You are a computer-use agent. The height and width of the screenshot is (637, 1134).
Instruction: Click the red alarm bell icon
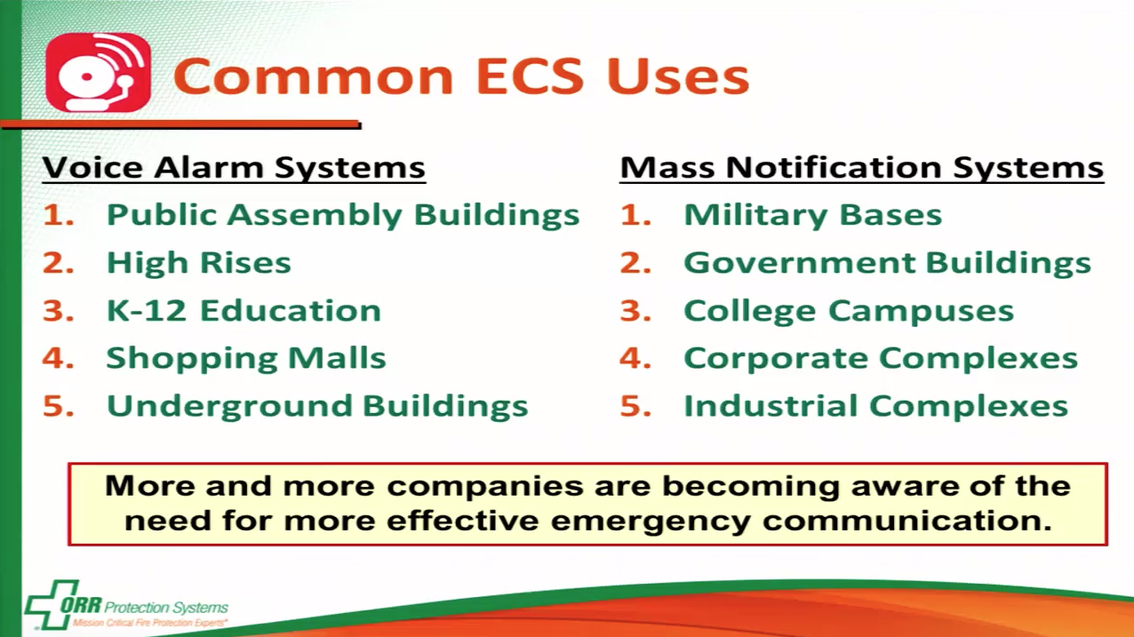(98, 73)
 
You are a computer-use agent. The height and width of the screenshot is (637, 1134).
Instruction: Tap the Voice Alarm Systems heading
(235, 168)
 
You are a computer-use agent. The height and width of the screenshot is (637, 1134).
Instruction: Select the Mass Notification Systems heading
(861, 168)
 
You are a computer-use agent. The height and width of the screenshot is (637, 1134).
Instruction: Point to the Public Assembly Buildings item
(343, 215)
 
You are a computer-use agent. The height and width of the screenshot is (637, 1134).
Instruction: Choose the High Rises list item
(199, 263)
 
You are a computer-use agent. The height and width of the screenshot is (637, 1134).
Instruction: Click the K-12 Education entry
(244, 311)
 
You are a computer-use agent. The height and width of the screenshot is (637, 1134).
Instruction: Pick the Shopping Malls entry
(246, 359)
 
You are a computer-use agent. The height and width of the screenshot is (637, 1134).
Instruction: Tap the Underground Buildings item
(317, 407)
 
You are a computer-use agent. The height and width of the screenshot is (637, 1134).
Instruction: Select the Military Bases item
(812, 215)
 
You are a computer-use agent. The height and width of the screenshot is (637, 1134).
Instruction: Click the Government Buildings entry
(887, 263)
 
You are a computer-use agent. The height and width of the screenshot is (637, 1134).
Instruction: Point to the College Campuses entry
(849, 311)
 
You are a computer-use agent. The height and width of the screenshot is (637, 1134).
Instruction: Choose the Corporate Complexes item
(881, 359)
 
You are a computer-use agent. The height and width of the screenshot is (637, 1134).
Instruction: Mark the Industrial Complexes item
(875, 407)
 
